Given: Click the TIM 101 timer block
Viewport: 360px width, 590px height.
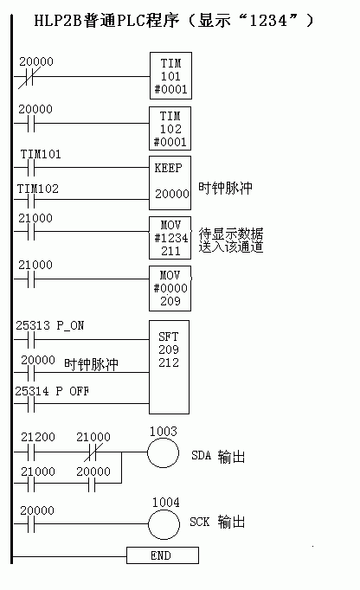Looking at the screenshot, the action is pyautogui.click(x=170, y=75).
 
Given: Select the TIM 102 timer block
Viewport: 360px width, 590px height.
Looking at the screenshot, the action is pyautogui.click(x=170, y=129).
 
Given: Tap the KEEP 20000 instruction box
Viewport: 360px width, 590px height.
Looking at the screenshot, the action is pyautogui.click(x=170, y=183).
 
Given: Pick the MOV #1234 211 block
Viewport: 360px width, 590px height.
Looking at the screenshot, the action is pyautogui.click(x=170, y=238).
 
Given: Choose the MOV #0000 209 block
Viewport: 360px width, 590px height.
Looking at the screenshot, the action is pyautogui.click(x=170, y=289).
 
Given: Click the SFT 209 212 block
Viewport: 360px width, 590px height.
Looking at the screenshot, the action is pyautogui.click(x=169, y=368).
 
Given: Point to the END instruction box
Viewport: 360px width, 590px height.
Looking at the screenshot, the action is pyautogui.click(x=163, y=555).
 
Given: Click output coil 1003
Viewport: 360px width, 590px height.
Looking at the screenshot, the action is pyautogui.click(x=163, y=452).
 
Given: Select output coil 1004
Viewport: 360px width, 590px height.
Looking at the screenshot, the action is pyautogui.click(x=164, y=524).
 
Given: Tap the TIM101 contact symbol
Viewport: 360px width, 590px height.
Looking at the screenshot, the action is pyautogui.click(x=31, y=168).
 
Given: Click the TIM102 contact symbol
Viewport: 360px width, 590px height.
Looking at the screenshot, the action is pyautogui.click(x=31, y=200).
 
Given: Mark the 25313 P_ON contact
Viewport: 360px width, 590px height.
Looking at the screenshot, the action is pyautogui.click(x=31, y=340).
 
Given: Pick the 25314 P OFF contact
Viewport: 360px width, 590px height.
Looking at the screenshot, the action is pyautogui.click(x=31, y=404).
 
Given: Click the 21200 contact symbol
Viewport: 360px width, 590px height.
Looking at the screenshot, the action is pyautogui.click(x=31, y=452).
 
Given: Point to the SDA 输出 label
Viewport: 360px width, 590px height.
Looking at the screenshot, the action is pyautogui.click(x=218, y=456).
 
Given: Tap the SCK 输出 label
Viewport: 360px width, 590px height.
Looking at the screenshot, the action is pyautogui.click(x=217, y=522).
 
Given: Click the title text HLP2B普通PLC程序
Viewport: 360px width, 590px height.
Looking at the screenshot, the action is pyautogui.click(x=106, y=20).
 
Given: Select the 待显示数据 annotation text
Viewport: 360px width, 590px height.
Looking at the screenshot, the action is pyautogui.click(x=231, y=234).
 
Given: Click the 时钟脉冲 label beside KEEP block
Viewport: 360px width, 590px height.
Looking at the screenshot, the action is pyautogui.click(x=225, y=188).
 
